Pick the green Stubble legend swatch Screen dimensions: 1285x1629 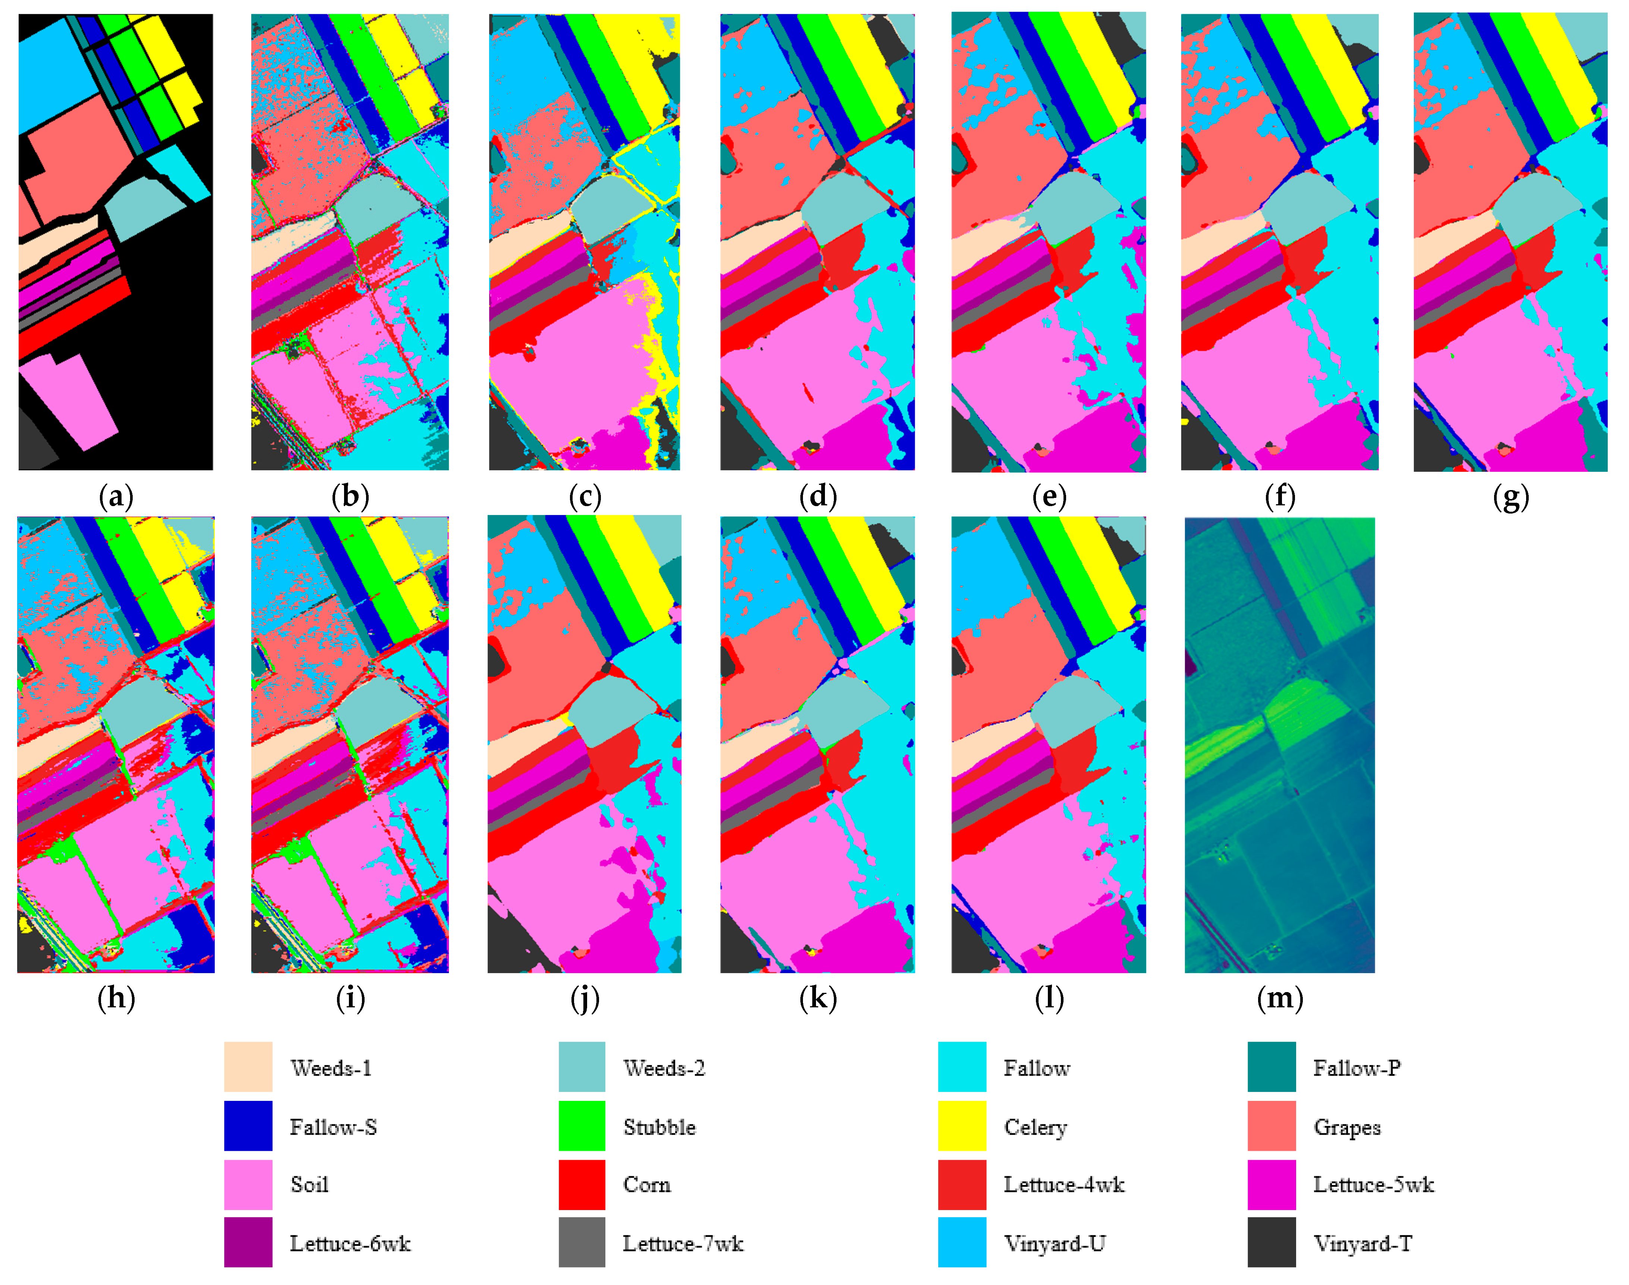coord(582,1125)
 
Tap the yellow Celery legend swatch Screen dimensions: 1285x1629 coord(962,1125)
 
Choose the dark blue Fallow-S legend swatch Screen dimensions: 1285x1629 coord(248,1125)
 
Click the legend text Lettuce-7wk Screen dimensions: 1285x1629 coord(683,1244)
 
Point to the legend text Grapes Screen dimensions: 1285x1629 coord(1347,1127)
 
